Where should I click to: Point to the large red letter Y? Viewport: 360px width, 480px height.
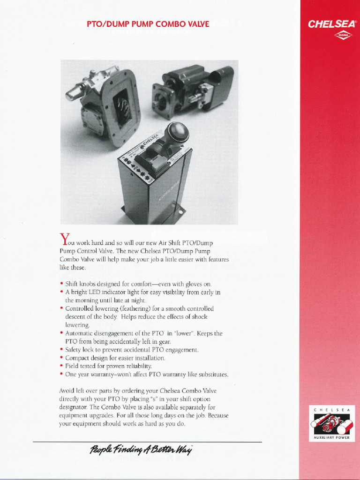[x=65, y=239]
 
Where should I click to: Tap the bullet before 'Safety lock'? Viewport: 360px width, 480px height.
[x=61, y=350]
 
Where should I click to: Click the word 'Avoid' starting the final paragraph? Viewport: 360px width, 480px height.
[x=67, y=390]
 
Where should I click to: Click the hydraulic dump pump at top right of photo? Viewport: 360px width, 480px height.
[x=192, y=89]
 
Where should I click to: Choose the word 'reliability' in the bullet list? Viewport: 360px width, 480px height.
[x=135, y=366]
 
